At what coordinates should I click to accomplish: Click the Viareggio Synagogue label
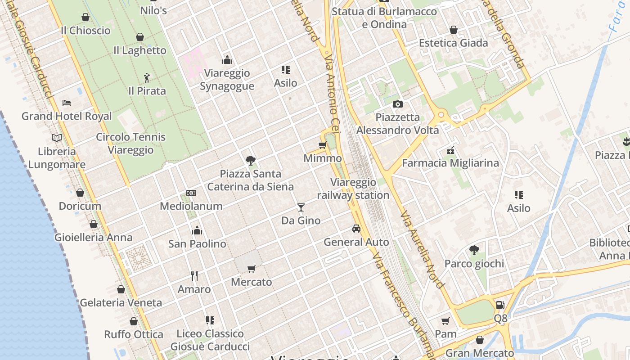[x=227, y=80]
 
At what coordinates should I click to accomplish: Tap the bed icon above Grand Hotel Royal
[x=67, y=103]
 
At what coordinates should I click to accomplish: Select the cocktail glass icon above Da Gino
[x=301, y=207]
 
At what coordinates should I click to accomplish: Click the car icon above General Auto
[x=356, y=229]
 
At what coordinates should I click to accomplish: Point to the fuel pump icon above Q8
[x=500, y=305]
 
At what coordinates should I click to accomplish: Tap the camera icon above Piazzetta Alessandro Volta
[x=398, y=104]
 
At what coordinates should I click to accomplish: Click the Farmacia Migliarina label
[x=450, y=163]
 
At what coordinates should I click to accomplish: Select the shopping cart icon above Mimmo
[x=322, y=145]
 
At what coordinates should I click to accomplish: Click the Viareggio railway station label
[x=353, y=189]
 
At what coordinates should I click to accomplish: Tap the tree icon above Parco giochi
[x=474, y=250]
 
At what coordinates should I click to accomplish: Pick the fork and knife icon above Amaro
[x=194, y=275]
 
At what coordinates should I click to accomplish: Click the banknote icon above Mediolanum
[x=191, y=193]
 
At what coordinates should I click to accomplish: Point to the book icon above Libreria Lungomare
[x=57, y=138]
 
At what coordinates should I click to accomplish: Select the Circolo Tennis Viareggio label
[x=131, y=144]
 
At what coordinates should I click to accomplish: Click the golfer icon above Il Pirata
[x=147, y=78]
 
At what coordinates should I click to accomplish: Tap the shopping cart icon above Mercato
[x=252, y=269]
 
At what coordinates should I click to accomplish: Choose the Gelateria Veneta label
[x=121, y=302]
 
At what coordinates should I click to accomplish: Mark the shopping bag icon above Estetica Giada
[x=454, y=30]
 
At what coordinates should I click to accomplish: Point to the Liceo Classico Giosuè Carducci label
[x=210, y=340]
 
